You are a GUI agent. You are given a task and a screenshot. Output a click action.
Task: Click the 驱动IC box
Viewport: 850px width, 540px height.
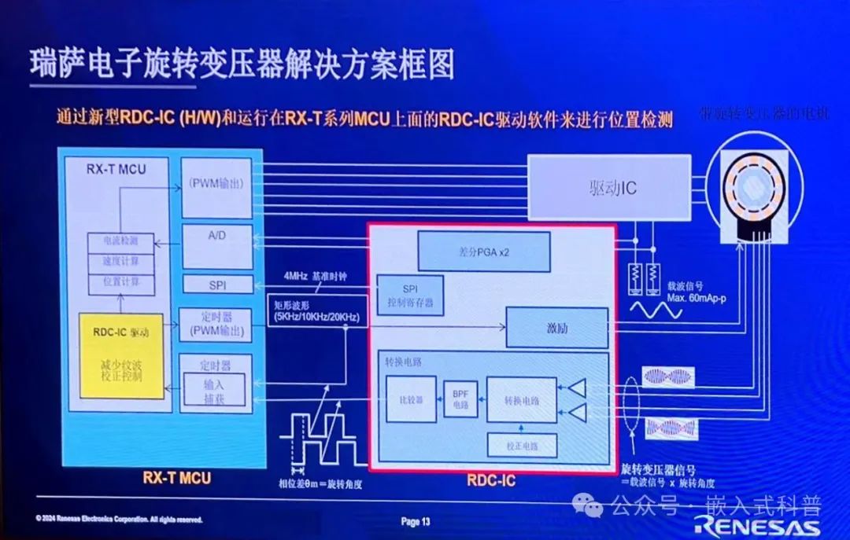coord(608,188)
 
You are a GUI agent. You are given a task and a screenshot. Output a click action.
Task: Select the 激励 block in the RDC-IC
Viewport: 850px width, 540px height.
coord(556,328)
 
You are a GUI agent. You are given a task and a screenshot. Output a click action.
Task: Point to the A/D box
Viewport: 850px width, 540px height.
coord(217,246)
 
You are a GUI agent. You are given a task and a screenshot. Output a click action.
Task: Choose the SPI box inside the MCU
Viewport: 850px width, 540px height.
coord(217,285)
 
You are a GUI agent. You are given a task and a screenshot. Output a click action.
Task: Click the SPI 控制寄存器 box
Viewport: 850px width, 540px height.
coord(410,294)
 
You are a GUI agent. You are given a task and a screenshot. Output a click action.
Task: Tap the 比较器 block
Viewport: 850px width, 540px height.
coord(411,399)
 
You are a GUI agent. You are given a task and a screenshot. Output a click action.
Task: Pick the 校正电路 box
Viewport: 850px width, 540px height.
coord(522,446)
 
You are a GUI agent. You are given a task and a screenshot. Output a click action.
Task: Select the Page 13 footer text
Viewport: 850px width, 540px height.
coord(416,521)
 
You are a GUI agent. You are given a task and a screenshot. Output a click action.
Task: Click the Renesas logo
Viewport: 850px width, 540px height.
coord(757,525)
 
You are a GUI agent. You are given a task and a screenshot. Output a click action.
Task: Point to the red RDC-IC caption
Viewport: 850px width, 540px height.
coord(491,479)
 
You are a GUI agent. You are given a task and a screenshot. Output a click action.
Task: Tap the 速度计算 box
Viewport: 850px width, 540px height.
coord(120,261)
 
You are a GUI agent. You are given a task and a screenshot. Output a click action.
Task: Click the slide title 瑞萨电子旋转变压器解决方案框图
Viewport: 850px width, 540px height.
coord(242,65)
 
